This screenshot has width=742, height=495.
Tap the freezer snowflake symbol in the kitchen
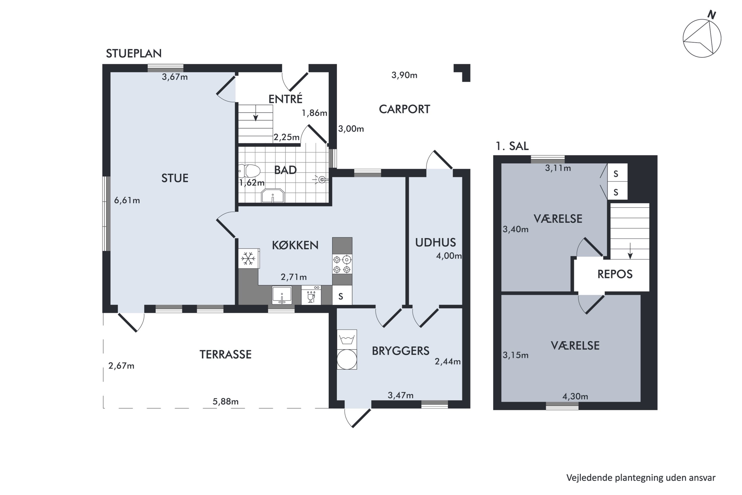pyautogui.click(x=248, y=259)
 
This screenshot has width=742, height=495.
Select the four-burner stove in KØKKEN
pyautogui.click(x=342, y=264)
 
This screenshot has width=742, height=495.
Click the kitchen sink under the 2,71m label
pyautogui.click(x=282, y=295)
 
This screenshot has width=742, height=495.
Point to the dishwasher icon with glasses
pyautogui.click(x=311, y=295)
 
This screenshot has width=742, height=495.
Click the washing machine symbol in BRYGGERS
pyautogui.click(x=347, y=339)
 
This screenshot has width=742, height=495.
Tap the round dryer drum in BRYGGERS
pyautogui.click(x=347, y=359)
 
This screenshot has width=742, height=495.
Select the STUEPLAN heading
pyautogui.click(x=134, y=54)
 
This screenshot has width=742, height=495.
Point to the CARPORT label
pyautogui.click(x=404, y=109)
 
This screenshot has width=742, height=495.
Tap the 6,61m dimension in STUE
pyautogui.click(x=127, y=200)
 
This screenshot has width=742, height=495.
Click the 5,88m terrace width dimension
pyautogui.click(x=225, y=401)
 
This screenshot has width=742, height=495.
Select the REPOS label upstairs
pyautogui.click(x=615, y=274)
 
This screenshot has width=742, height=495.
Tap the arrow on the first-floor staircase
pyautogui.click(x=630, y=251)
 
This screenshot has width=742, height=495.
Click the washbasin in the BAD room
pyautogui.click(x=273, y=196)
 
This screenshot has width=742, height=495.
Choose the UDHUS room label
pyautogui.click(x=435, y=243)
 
